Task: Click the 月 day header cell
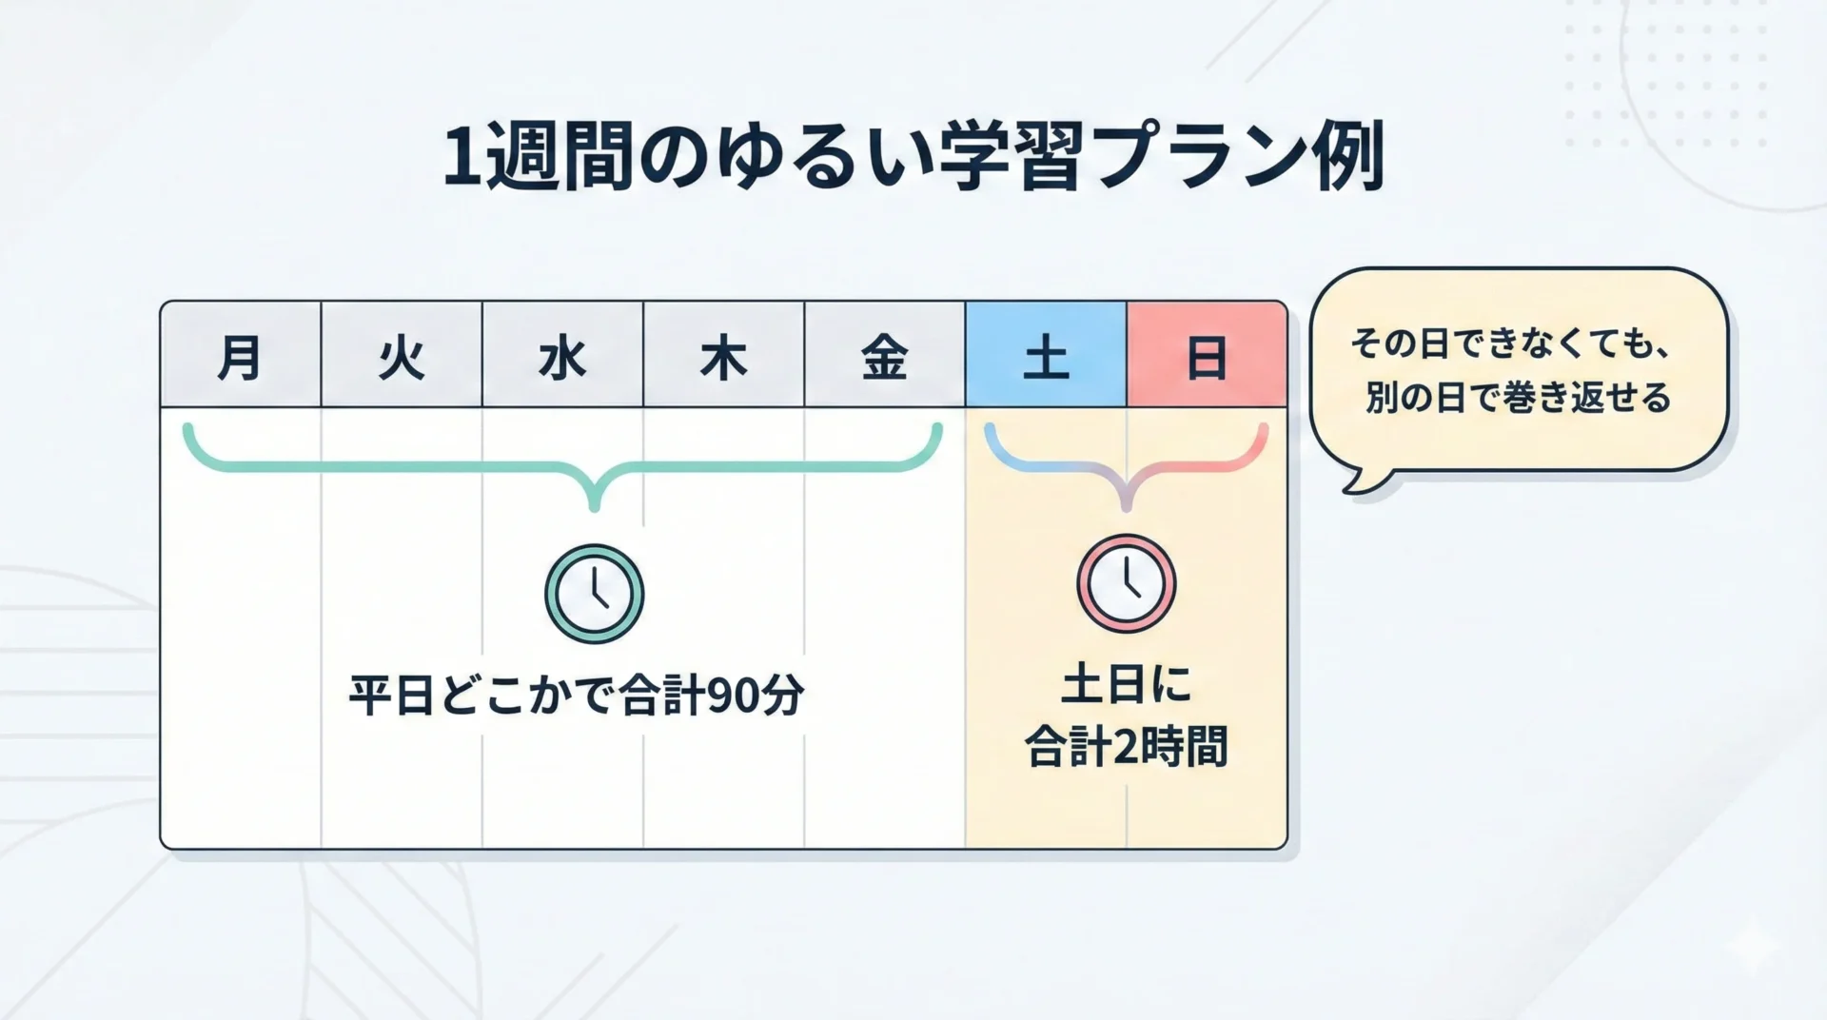pos(241,354)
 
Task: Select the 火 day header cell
pos(402,354)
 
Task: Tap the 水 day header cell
pos(562,354)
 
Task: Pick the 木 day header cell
pos(723,354)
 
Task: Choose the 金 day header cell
pos(884,354)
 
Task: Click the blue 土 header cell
pos(1046,354)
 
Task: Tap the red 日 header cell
pos(1207,354)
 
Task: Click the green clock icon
pos(595,594)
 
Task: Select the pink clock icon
pos(1127,584)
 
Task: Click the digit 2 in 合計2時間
pos(1125,748)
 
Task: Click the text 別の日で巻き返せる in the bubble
pos(1519,397)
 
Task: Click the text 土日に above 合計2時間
pos(1127,685)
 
